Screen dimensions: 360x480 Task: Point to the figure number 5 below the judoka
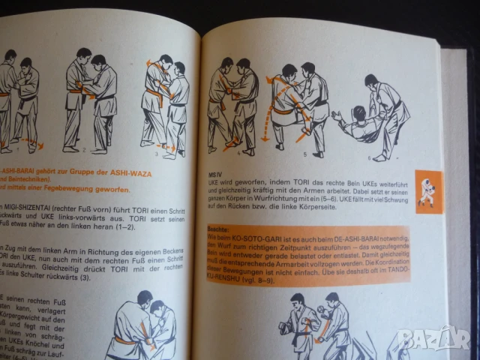[x=304, y=154]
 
